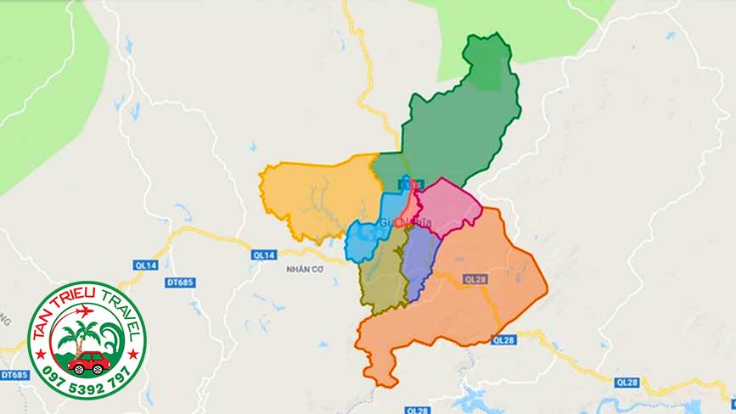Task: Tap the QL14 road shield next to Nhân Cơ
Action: click(x=263, y=255)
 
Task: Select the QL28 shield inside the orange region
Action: click(x=474, y=278)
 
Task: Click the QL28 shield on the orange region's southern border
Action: click(x=503, y=340)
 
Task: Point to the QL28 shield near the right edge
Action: click(x=628, y=382)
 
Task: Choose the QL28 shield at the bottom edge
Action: click(x=418, y=410)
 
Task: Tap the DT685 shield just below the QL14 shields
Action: click(x=180, y=282)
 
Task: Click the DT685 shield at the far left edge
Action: click(x=14, y=374)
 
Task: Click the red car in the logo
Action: click(x=88, y=362)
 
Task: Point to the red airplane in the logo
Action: click(x=84, y=311)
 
